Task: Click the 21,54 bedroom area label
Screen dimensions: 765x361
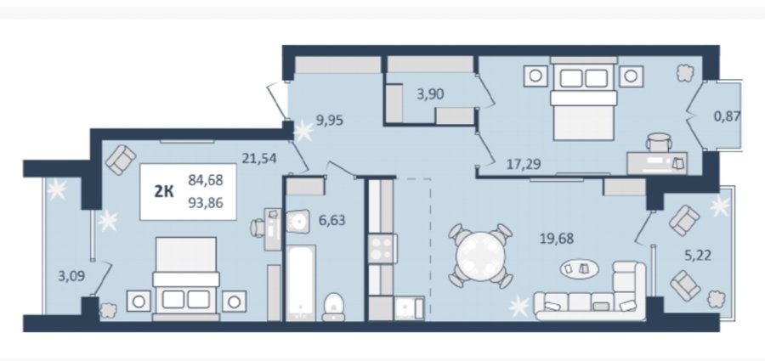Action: pos(259,158)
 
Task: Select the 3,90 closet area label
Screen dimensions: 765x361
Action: pos(430,94)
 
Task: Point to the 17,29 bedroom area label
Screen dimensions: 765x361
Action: pos(523,163)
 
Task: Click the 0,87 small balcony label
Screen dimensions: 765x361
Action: pos(727,116)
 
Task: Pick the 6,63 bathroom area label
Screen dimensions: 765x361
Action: pos(331,220)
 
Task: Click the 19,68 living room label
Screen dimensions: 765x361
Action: pos(556,239)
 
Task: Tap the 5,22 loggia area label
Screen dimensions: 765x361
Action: pos(698,255)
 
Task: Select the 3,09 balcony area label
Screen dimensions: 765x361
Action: pos(71,276)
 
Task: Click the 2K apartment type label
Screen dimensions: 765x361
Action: pos(164,192)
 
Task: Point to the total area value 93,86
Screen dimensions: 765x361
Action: pos(206,201)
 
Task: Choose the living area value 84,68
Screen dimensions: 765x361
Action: pos(206,180)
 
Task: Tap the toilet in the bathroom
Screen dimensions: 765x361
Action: pos(334,307)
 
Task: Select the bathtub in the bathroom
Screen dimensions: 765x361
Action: pos(300,283)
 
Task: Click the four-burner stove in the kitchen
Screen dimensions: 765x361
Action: pos(382,248)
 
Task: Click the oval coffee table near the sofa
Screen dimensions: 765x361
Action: pos(579,268)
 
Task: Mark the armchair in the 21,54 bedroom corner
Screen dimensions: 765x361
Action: pos(121,160)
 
